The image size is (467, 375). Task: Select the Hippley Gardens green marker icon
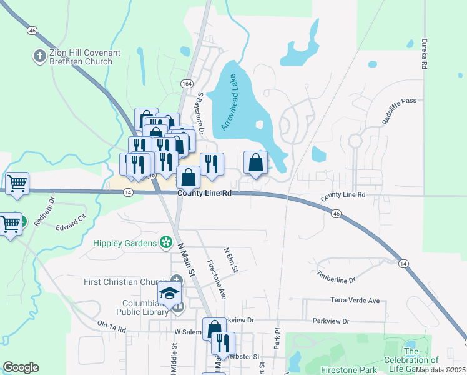pyautogui.click(x=166, y=242)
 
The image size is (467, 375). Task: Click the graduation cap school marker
pyautogui.click(x=169, y=292)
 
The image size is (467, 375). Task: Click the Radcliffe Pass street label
pyautogui.click(x=399, y=110)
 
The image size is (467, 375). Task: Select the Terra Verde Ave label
pyautogui.click(x=355, y=301)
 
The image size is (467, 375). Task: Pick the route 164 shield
pyautogui.click(x=187, y=83)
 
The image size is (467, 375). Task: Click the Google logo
pyautogui.click(x=21, y=367)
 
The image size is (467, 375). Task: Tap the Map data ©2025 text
pyautogui.click(x=441, y=370)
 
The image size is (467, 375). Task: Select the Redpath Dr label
pyautogui.click(x=45, y=213)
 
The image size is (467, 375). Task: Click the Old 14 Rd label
pyautogui.click(x=112, y=326)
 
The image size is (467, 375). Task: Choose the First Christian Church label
pyautogui.click(x=125, y=282)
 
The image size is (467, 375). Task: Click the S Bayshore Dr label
pyautogui.click(x=201, y=113)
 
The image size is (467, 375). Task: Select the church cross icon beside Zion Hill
pyautogui.click(x=39, y=55)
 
